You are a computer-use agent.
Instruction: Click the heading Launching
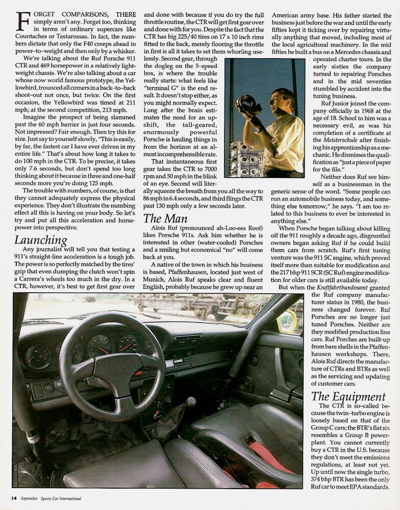coord(40,240)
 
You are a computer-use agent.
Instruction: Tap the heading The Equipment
coord(348,396)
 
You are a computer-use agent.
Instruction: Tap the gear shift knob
coord(190,402)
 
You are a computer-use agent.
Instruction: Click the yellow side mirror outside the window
coord(287,321)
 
